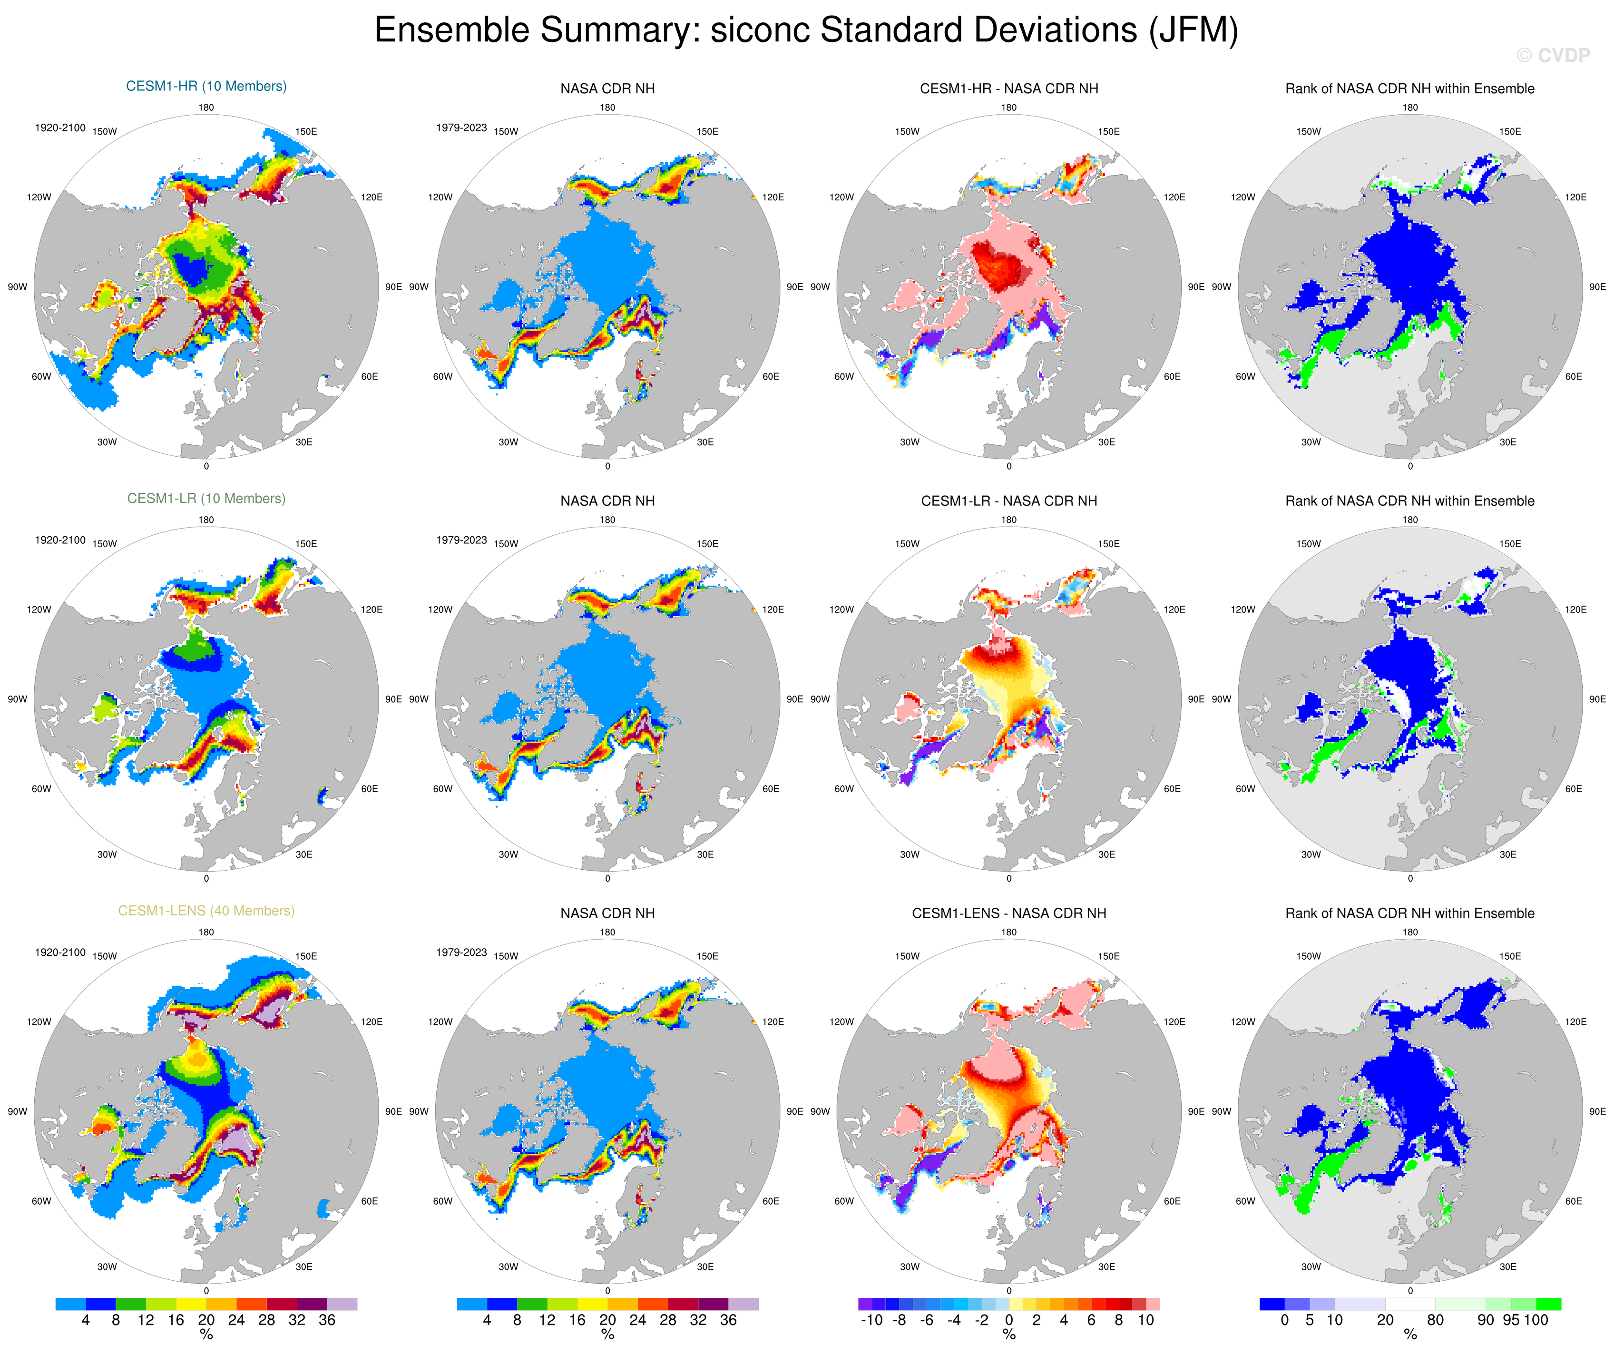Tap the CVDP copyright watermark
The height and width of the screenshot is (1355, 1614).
pyautogui.click(x=1553, y=55)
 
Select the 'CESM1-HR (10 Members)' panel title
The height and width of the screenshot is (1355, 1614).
pyautogui.click(x=206, y=86)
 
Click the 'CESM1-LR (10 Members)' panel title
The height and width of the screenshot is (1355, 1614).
pyautogui.click(x=206, y=499)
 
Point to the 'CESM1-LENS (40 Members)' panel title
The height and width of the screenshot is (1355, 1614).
pyautogui.click(x=206, y=911)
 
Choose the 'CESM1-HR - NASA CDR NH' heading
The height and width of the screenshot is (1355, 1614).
pyautogui.click(x=1008, y=88)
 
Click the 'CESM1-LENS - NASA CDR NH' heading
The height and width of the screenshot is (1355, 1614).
pyautogui.click(x=1008, y=913)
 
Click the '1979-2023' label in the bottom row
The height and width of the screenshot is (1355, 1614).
pyautogui.click(x=461, y=952)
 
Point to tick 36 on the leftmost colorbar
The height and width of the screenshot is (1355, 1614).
pyautogui.click(x=327, y=1320)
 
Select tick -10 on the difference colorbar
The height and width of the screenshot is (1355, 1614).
pyautogui.click(x=871, y=1320)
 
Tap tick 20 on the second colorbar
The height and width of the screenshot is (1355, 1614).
pyautogui.click(x=607, y=1320)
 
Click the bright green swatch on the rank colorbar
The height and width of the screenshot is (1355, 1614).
pyautogui.click(x=1548, y=1304)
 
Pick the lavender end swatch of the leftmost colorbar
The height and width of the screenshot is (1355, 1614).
pyautogui.click(x=342, y=1304)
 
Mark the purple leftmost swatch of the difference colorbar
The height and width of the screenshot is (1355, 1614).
pyautogui.click(x=865, y=1304)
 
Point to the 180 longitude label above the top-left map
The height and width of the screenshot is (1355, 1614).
pyautogui.click(x=206, y=108)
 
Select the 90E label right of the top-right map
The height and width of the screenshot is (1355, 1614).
pyautogui.click(x=1597, y=287)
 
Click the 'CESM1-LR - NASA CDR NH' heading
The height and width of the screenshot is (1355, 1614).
pyautogui.click(x=1008, y=501)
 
